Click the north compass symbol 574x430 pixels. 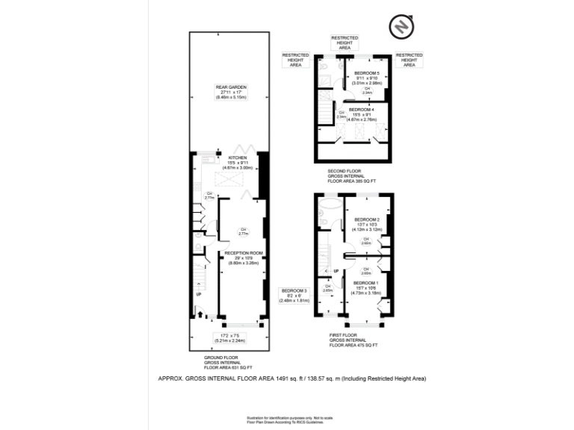coord(401,28)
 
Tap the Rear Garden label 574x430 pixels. coord(231,87)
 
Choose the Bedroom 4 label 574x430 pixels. coord(361,110)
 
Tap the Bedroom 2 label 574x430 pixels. coord(367,219)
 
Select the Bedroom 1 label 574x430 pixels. coord(365,284)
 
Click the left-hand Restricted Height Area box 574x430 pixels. coord(295,60)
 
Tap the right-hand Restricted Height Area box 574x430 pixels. coord(409,60)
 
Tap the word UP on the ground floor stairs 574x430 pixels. coord(198,294)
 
